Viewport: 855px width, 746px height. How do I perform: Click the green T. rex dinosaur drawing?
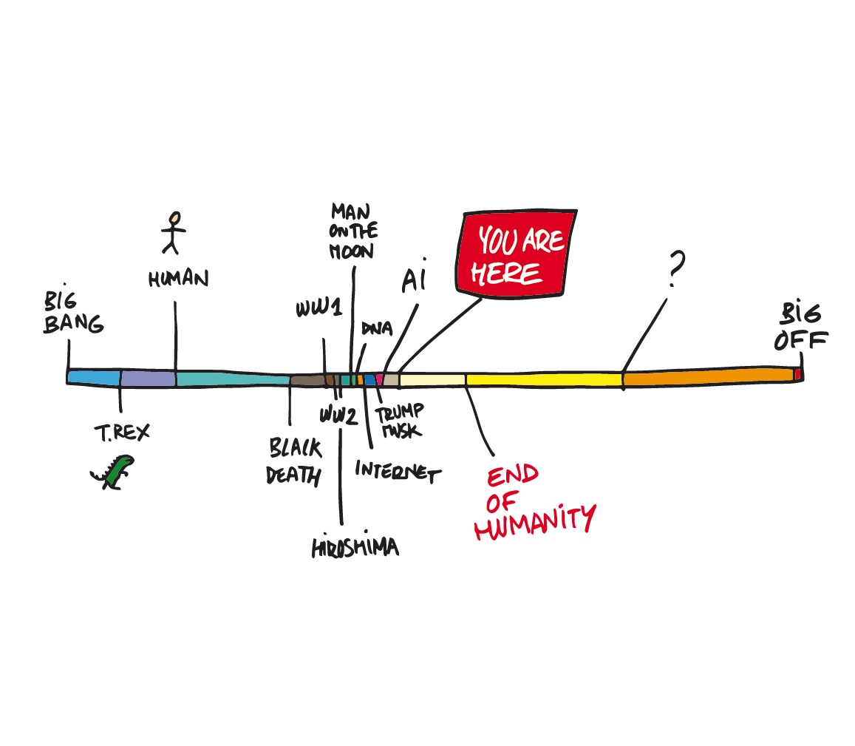[113, 472]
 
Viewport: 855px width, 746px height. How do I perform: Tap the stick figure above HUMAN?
[174, 232]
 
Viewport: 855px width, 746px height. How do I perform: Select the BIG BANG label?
[72, 313]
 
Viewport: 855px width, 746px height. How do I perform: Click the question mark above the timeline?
[674, 269]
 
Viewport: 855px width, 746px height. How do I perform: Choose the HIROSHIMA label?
[355, 547]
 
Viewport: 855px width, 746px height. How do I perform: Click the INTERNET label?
[397, 471]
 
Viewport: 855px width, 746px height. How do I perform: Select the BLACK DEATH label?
[294, 461]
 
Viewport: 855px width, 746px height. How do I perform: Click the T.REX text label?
[121, 432]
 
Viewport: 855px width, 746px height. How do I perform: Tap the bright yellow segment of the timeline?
[543, 379]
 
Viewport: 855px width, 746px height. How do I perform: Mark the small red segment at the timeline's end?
[797, 375]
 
